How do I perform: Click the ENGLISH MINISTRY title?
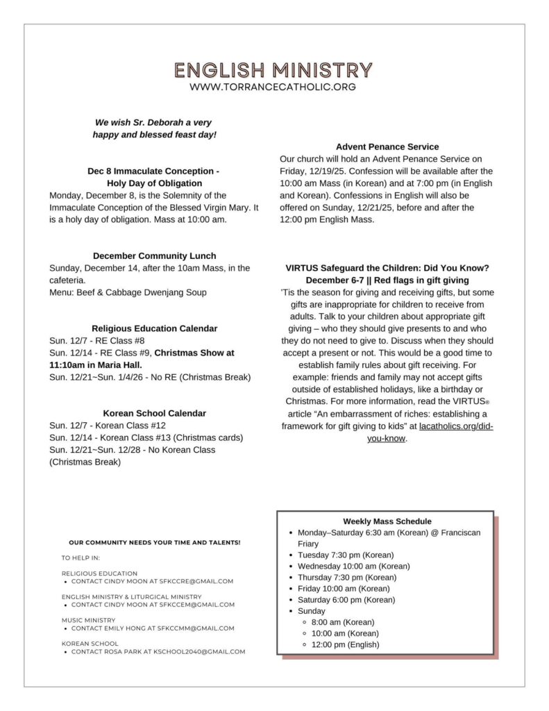(x=273, y=70)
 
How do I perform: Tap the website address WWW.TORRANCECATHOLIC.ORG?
(x=273, y=87)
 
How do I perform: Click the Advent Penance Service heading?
(x=387, y=147)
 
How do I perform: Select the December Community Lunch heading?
(x=154, y=256)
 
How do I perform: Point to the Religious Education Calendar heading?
(x=154, y=328)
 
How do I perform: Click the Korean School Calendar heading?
(x=154, y=413)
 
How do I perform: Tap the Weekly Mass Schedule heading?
(x=387, y=521)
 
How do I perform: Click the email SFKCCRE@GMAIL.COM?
(x=196, y=581)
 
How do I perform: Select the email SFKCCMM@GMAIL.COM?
(x=195, y=628)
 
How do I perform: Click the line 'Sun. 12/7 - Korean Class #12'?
(x=108, y=425)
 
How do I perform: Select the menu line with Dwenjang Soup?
(x=128, y=292)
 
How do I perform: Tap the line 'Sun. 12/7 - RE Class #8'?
(x=97, y=340)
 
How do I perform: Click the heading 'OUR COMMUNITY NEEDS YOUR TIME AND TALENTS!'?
(x=155, y=542)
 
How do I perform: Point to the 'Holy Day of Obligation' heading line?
(x=154, y=183)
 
